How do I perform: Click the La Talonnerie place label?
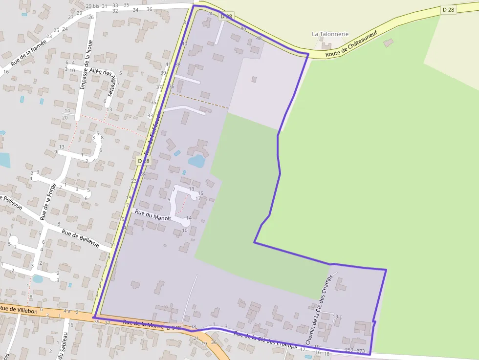tap(330, 34)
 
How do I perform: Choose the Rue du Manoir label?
tap(153, 215)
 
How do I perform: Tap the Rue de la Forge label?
tap(48, 201)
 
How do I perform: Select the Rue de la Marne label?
tap(143, 324)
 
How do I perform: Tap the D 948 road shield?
tap(174, 328)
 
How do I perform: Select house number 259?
tap(349, 350)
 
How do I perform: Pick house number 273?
tap(361, 351)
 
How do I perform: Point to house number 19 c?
tap(337, 317)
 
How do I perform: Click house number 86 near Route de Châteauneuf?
tap(243, 28)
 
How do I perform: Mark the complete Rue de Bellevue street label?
tap(80, 237)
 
